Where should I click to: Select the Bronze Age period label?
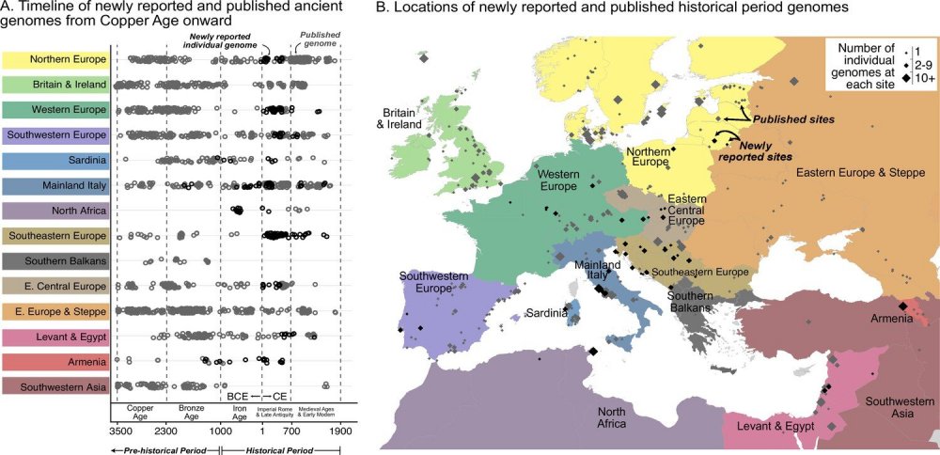pyautogui.click(x=192, y=412)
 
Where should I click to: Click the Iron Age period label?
pyautogui.click(x=240, y=412)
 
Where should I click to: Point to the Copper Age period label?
pyautogui.click(x=140, y=412)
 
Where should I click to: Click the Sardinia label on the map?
pyautogui.click(x=546, y=313)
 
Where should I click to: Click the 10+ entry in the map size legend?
pyautogui.click(x=916, y=78)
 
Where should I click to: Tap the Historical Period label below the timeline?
pyautogui.click(x=280, y=448)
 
